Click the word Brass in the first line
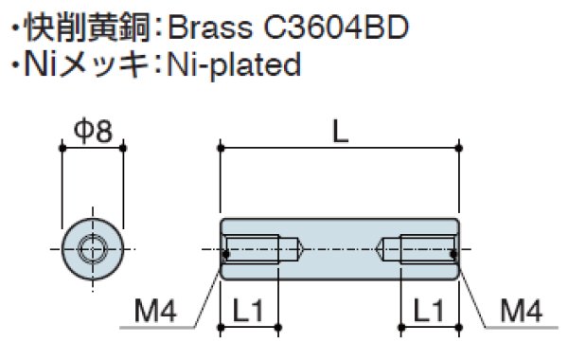tap(210, 27)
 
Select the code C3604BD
tap(336, 27)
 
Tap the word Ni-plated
tap(234, 65)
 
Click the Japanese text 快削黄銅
tap(87, 27)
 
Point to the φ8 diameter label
tap(93, 131)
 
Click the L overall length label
tap(340, 132)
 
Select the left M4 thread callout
tap(155, 311)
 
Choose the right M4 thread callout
tap(522, 311)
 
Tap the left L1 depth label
tap(248, 311)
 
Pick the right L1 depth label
tap(429, 311)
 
